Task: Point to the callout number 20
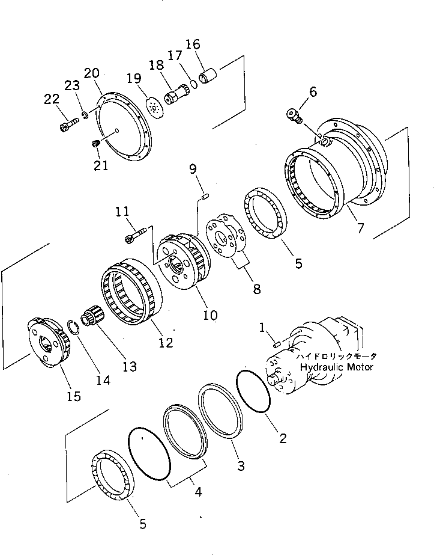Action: (92, 73)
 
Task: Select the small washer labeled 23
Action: (86, 114)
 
